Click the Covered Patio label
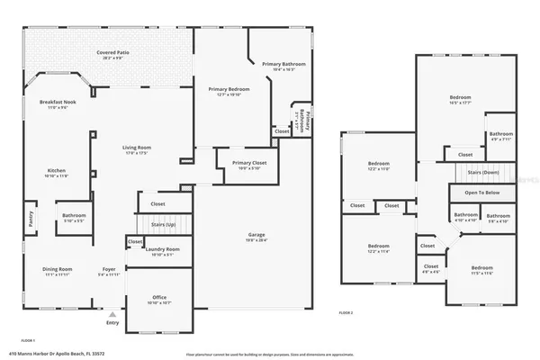[x=112, y=53]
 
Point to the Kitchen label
[x=56, y=170]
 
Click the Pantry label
[x=29, y=217]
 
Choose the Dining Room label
[x=58, y=269]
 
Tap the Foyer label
[x=107, y=269]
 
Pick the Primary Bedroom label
[x=229, y=89]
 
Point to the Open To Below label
[x=481, y=193]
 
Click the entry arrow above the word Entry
[x=112, y=315]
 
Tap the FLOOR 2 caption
[x=346, y=312]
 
